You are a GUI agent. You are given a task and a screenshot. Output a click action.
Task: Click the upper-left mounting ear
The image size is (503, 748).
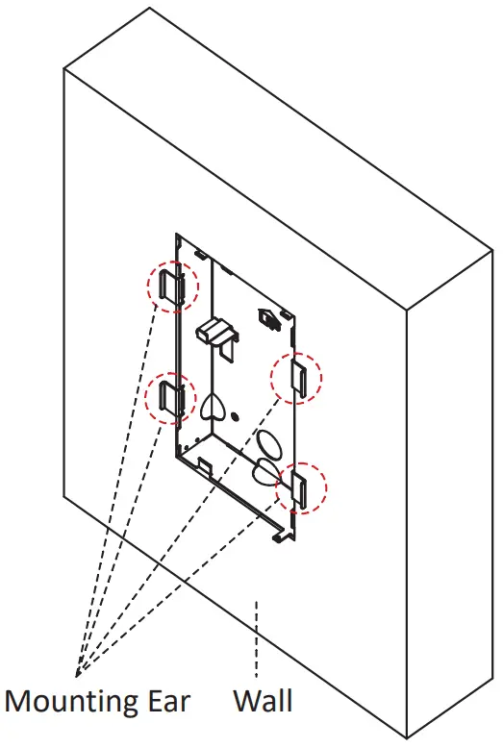[x=171, y=286]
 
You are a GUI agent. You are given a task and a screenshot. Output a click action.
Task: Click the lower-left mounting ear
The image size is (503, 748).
[x=170, y=398]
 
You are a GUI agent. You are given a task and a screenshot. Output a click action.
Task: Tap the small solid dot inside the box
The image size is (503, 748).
[x=236, y=417]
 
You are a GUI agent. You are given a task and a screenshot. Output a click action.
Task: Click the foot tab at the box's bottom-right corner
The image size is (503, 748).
[x=280, y=534]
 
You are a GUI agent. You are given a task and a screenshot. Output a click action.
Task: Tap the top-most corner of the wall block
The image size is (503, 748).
[x=151, y=10]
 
